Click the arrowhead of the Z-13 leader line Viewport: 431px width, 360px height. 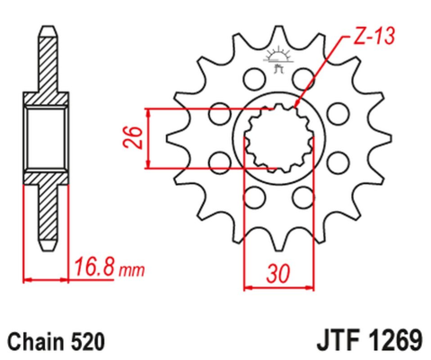(295, 105)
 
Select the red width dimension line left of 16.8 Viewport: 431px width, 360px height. (46, 280)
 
